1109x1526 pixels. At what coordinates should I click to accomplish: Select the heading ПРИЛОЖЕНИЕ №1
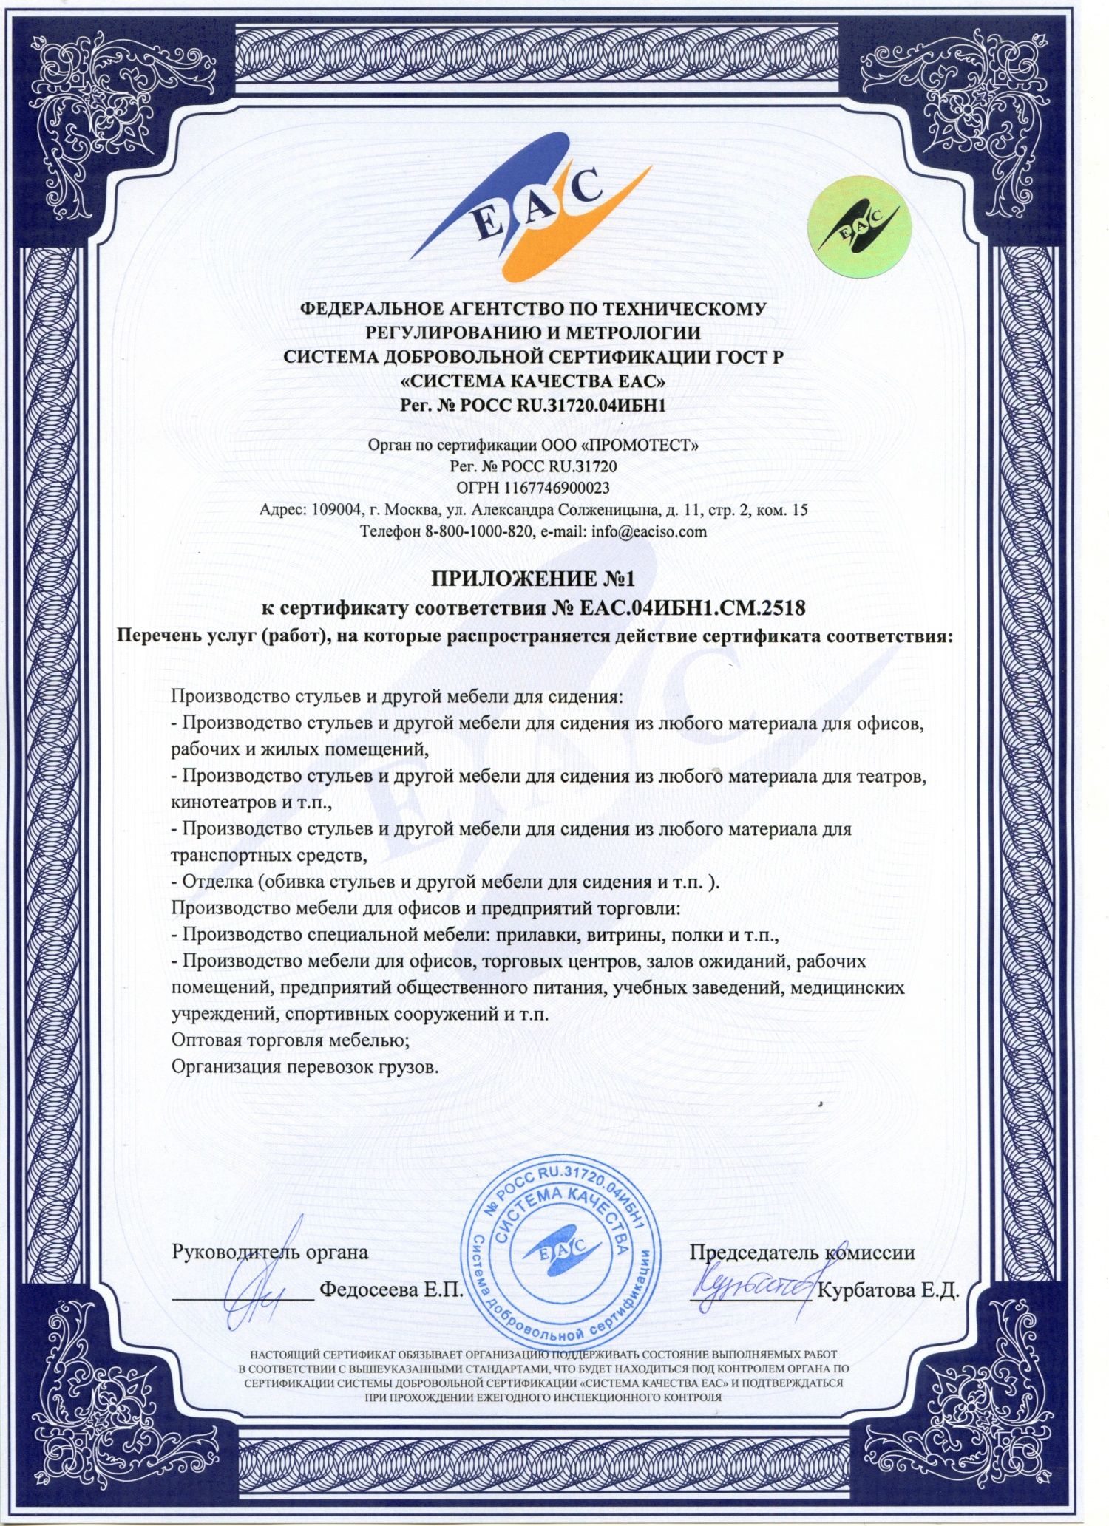[x=533, y=578]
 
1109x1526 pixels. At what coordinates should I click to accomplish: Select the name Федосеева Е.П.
[x=390, y=1291]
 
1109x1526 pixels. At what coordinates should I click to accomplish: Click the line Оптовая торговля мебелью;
[x=291, y=1040]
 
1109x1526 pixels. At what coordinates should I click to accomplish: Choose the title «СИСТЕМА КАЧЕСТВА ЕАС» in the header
[x=533, y=382]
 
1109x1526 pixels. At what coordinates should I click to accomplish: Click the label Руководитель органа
[x=270, y=1253]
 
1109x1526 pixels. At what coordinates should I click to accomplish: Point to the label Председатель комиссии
[x=802, y=1253]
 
